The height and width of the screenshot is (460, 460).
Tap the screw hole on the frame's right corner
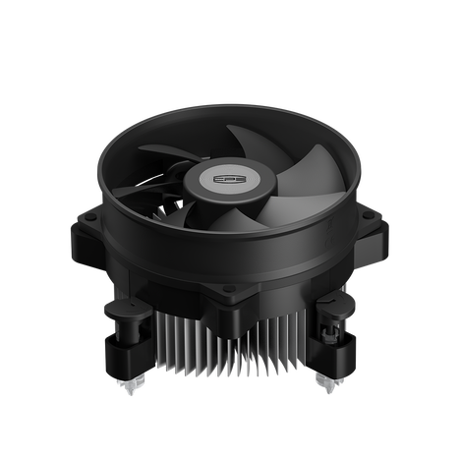tap(372, 211)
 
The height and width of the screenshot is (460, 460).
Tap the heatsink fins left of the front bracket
tap(177, 344)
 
